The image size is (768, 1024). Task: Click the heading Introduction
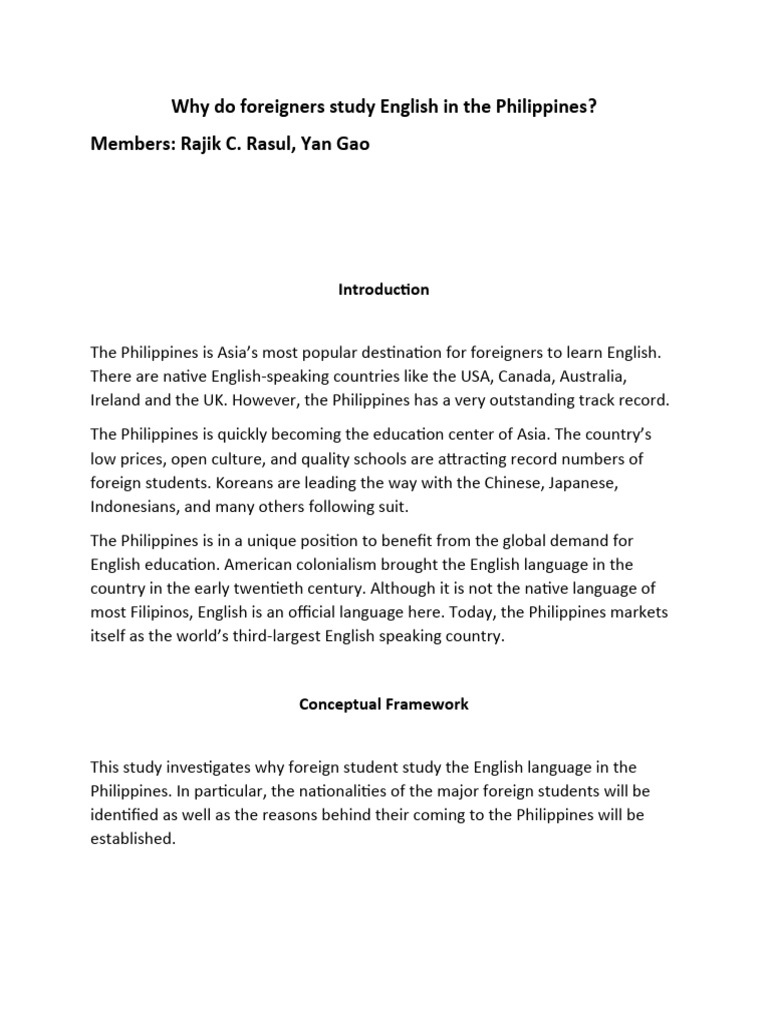[384, 289]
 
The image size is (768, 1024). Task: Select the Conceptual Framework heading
[384, 704]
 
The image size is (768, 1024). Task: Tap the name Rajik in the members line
[204, 143]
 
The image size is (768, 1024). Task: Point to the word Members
[130, 143]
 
